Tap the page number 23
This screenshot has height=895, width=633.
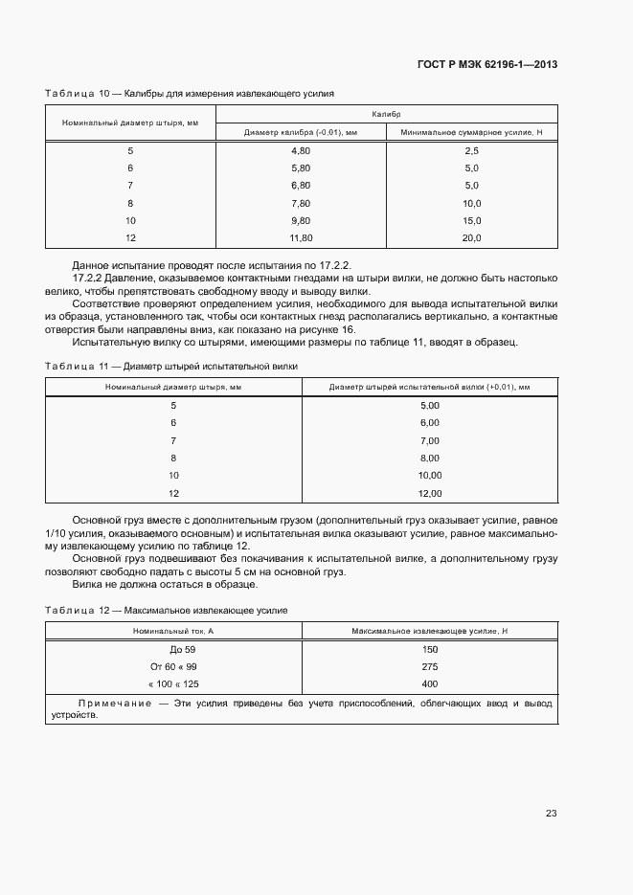click(552, 814)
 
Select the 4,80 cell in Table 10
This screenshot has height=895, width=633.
click(301, 151)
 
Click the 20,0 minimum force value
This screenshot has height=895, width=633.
click(471, 237)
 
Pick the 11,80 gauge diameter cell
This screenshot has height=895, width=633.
click(301, 237)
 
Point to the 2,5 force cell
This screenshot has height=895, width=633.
click(471, 151)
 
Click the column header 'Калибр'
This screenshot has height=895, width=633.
click(387, 114)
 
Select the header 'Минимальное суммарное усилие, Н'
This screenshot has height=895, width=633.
click(471, 132)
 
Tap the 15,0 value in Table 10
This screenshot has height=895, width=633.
click(471, 220)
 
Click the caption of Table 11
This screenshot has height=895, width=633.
click(171, 367)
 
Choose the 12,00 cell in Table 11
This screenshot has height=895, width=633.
click(429, 493)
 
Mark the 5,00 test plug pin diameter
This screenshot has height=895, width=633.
click(429, 405)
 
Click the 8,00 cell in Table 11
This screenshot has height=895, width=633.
click(429, 458)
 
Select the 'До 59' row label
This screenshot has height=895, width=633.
click(173, 649)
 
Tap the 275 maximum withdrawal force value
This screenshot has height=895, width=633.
click(429, 666)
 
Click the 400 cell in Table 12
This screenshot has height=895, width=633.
click(429, 683)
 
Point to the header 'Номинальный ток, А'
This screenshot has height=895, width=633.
click(173, 631)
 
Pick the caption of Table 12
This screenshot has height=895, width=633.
click(167, 610)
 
